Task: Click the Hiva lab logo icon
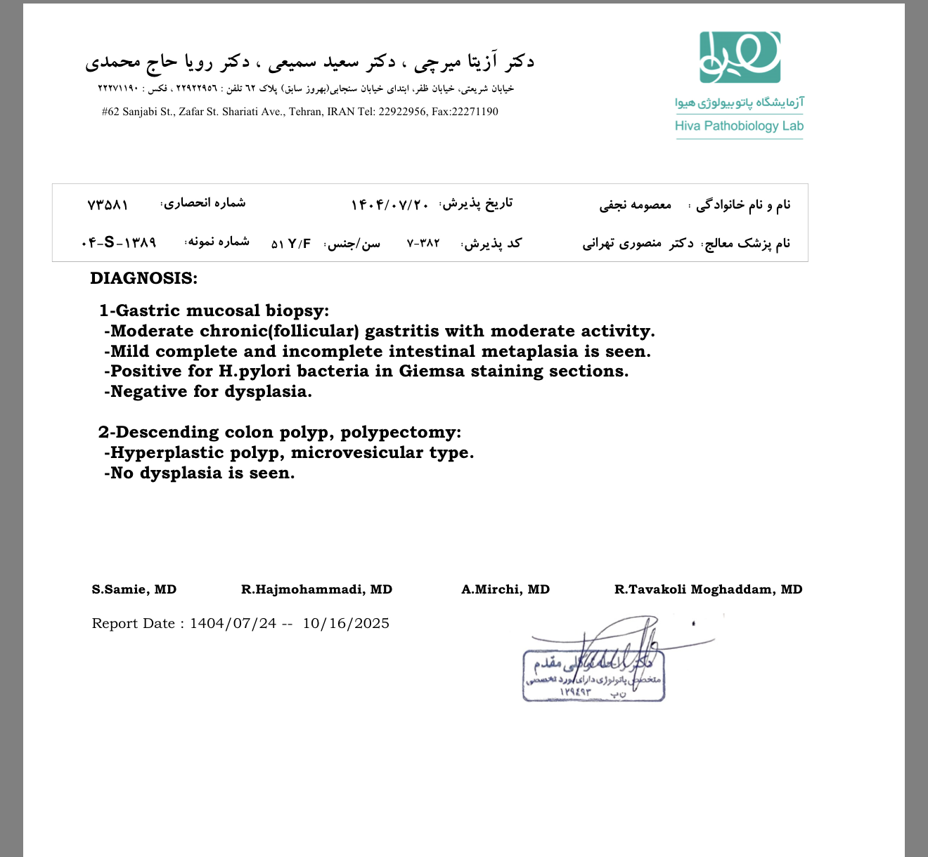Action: (740, 57)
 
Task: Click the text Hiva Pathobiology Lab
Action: (739, 126)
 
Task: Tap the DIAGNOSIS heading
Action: (143, 278)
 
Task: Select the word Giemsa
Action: (432, 371)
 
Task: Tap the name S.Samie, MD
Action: (134, 589)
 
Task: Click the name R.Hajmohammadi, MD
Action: (316, 589)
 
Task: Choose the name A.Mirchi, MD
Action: (505, 589)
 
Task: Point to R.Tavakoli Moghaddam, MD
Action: (708, 589)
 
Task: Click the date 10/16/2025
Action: (346, 624)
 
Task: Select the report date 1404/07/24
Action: (233, 624)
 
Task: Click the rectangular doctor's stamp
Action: (593, 676)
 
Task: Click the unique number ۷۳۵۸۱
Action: (108, 204)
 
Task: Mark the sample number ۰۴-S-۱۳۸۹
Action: (118, 242)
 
